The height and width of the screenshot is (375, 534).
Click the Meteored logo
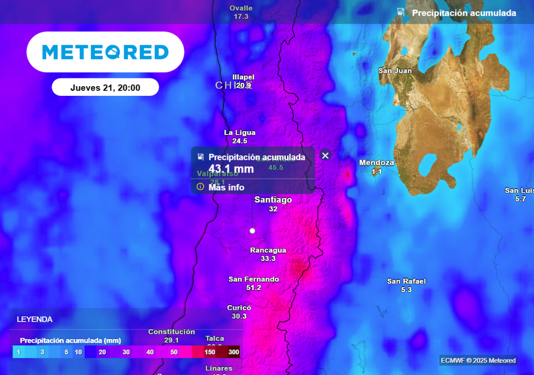(105, 52)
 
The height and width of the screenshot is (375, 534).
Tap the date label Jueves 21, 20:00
(105, 87)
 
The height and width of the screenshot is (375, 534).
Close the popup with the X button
(325, 155)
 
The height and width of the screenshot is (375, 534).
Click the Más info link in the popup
(226, 187)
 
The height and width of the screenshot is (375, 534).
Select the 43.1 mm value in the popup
(232, 169)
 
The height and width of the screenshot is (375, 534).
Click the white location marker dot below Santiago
(252, 230)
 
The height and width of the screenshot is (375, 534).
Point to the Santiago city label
(273, 199)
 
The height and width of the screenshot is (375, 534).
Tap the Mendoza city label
(377, 162)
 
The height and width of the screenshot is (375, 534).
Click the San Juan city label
(395, 71)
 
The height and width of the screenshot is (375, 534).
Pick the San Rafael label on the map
(406, 281)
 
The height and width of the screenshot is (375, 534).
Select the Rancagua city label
(268, 250)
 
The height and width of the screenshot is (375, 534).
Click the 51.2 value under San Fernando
(253, 287)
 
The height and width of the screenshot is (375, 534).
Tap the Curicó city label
(239, 308)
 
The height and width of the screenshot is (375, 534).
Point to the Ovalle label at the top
(241, 8)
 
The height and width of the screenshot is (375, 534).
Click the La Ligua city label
(239, 132)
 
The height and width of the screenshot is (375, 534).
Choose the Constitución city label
(172, 332)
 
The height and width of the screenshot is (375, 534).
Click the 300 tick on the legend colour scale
(234, 352)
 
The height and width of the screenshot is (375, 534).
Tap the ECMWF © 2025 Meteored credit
(478, 360)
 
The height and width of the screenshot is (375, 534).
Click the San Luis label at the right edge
(519, 191)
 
